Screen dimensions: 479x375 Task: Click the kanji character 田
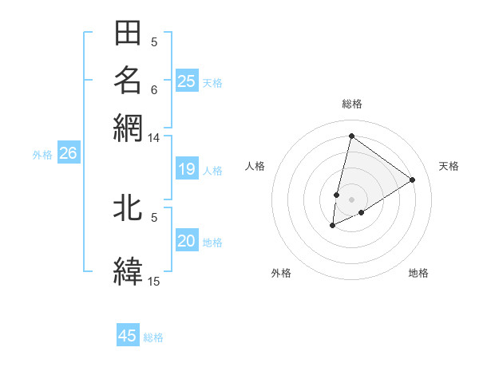pos(128,34)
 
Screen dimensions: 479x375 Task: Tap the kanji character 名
pos(128,81)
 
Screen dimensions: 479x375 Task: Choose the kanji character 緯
pos(128,270)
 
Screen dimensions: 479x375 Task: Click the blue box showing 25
pos(187,81)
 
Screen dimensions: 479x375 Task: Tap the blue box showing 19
pos(187,169)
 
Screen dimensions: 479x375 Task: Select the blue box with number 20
pos(187,241)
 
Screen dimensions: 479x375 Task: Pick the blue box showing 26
pos(68,154)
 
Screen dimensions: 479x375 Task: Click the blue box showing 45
pos(128,336)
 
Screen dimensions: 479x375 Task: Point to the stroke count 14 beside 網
pos(154,138)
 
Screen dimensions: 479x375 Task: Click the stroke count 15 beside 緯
pos(154,281)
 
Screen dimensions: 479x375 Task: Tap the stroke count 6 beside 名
pos(154,89)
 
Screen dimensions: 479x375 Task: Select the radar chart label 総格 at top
pos(351,105)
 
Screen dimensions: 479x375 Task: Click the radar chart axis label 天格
pos(449,166)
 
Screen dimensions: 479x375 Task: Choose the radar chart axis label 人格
pos(255,166)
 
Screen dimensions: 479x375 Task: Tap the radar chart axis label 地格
pos(418,274)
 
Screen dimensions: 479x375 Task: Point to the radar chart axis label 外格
pos(281,274)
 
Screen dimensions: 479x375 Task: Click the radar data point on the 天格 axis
pos(413,180)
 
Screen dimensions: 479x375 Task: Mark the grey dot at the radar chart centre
pos(351,199)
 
